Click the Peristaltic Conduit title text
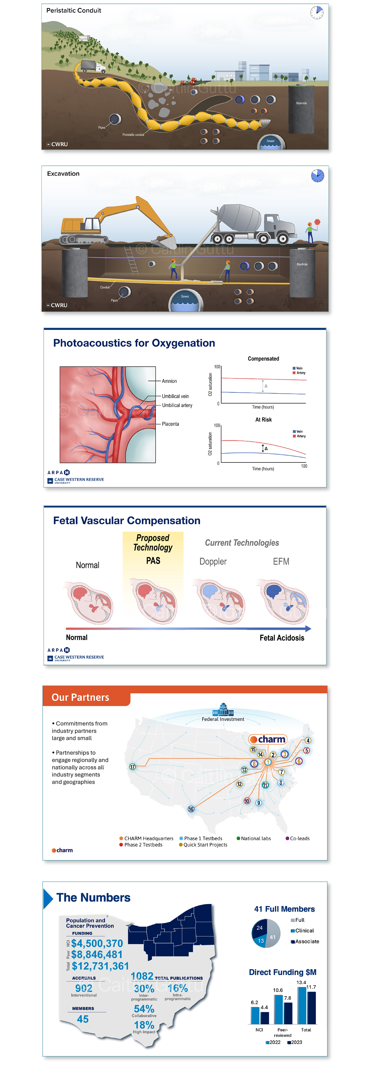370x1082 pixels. click(73, 10)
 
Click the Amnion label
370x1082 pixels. click(169, 381)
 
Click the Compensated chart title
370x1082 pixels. click(263, 359)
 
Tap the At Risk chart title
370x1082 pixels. click(263, 420)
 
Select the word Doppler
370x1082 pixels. click(213, 562)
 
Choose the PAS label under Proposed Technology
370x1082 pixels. click(153, 561)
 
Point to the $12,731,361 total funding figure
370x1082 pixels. click(100, 966)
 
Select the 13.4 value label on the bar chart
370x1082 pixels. click(301, 983)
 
